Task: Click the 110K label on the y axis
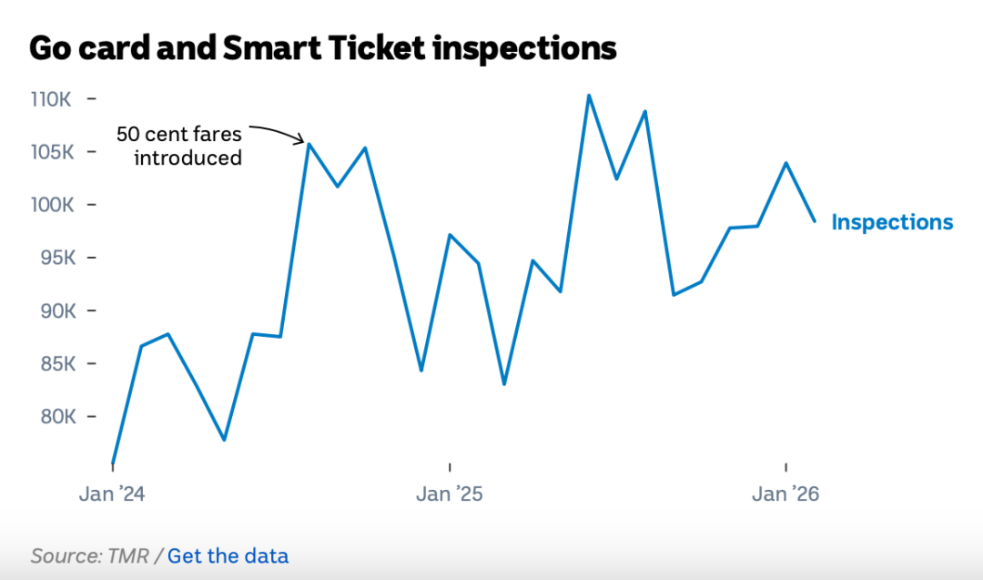coord(51,98)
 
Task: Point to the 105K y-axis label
coord(51,151)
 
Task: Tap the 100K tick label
coord(51,205)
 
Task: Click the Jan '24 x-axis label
coord(112,494)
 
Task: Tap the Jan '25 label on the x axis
coord(450,494)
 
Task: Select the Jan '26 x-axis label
coord(785,494)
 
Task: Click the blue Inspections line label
coord(892,223)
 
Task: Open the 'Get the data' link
coord(228,555)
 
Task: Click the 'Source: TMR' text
coord(89,555)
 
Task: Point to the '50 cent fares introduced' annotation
coord(180,146)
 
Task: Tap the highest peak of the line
coord(589,95)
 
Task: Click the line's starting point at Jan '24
coord(112,464)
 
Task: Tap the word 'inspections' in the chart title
coord(524,47)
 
